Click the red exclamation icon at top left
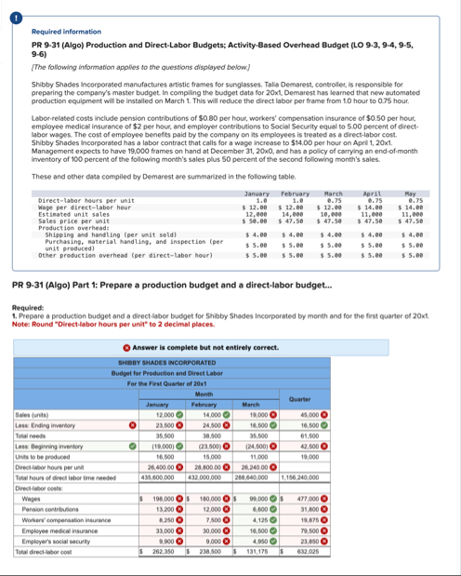[8, 7]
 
